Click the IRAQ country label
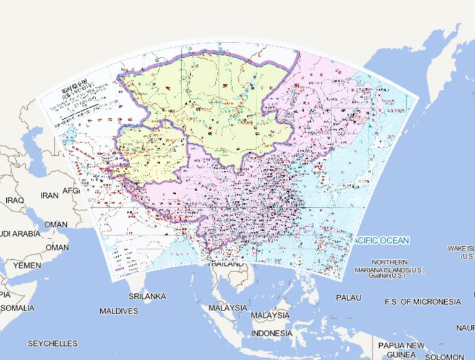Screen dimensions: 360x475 [x=14, y=200]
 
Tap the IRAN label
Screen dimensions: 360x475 [x=49, y=195]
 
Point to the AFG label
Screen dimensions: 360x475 [x=71, y=191]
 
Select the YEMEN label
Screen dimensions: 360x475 [x=27, y=265]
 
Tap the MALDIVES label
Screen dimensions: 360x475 [x=119, y=311]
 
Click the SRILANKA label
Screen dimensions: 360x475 [x=147, y=296]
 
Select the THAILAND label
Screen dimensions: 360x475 [x=226, y=265]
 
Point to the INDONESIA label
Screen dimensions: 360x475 [x=272, y=333]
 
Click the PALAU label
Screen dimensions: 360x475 [x=349, y=298]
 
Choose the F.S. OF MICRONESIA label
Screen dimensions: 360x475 [x=422, y=301]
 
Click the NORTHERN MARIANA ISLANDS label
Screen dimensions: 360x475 [x=390, y=265]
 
